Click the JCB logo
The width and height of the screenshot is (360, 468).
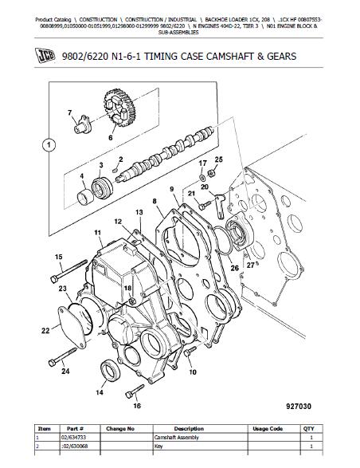[45, 56]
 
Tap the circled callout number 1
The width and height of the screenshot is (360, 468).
[49, 145]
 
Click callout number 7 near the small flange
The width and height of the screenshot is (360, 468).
[70, 112]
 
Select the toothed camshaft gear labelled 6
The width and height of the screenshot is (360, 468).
[120, 108]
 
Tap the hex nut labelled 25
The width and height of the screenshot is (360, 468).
[213, 172]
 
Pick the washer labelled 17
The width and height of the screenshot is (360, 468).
[202, 179]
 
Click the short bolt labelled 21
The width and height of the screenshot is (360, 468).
[205, 205]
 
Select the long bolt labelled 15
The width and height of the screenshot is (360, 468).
[69, 271]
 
